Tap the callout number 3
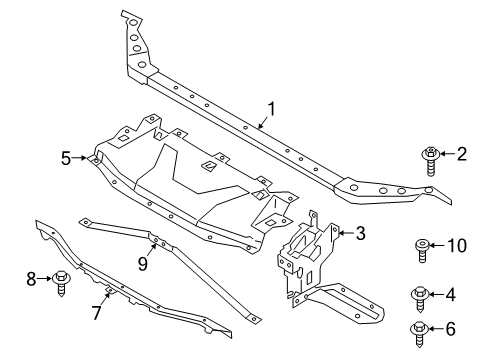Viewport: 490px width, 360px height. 361,235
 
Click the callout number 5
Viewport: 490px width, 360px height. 66,158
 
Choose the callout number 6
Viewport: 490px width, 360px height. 462,328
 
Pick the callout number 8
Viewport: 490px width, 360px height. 31,278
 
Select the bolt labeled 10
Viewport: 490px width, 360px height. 423,250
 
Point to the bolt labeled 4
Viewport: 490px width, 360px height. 422,298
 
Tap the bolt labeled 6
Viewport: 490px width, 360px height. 420,331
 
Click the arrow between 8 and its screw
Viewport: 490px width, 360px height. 45,278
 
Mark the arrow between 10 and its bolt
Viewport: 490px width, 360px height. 443,245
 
